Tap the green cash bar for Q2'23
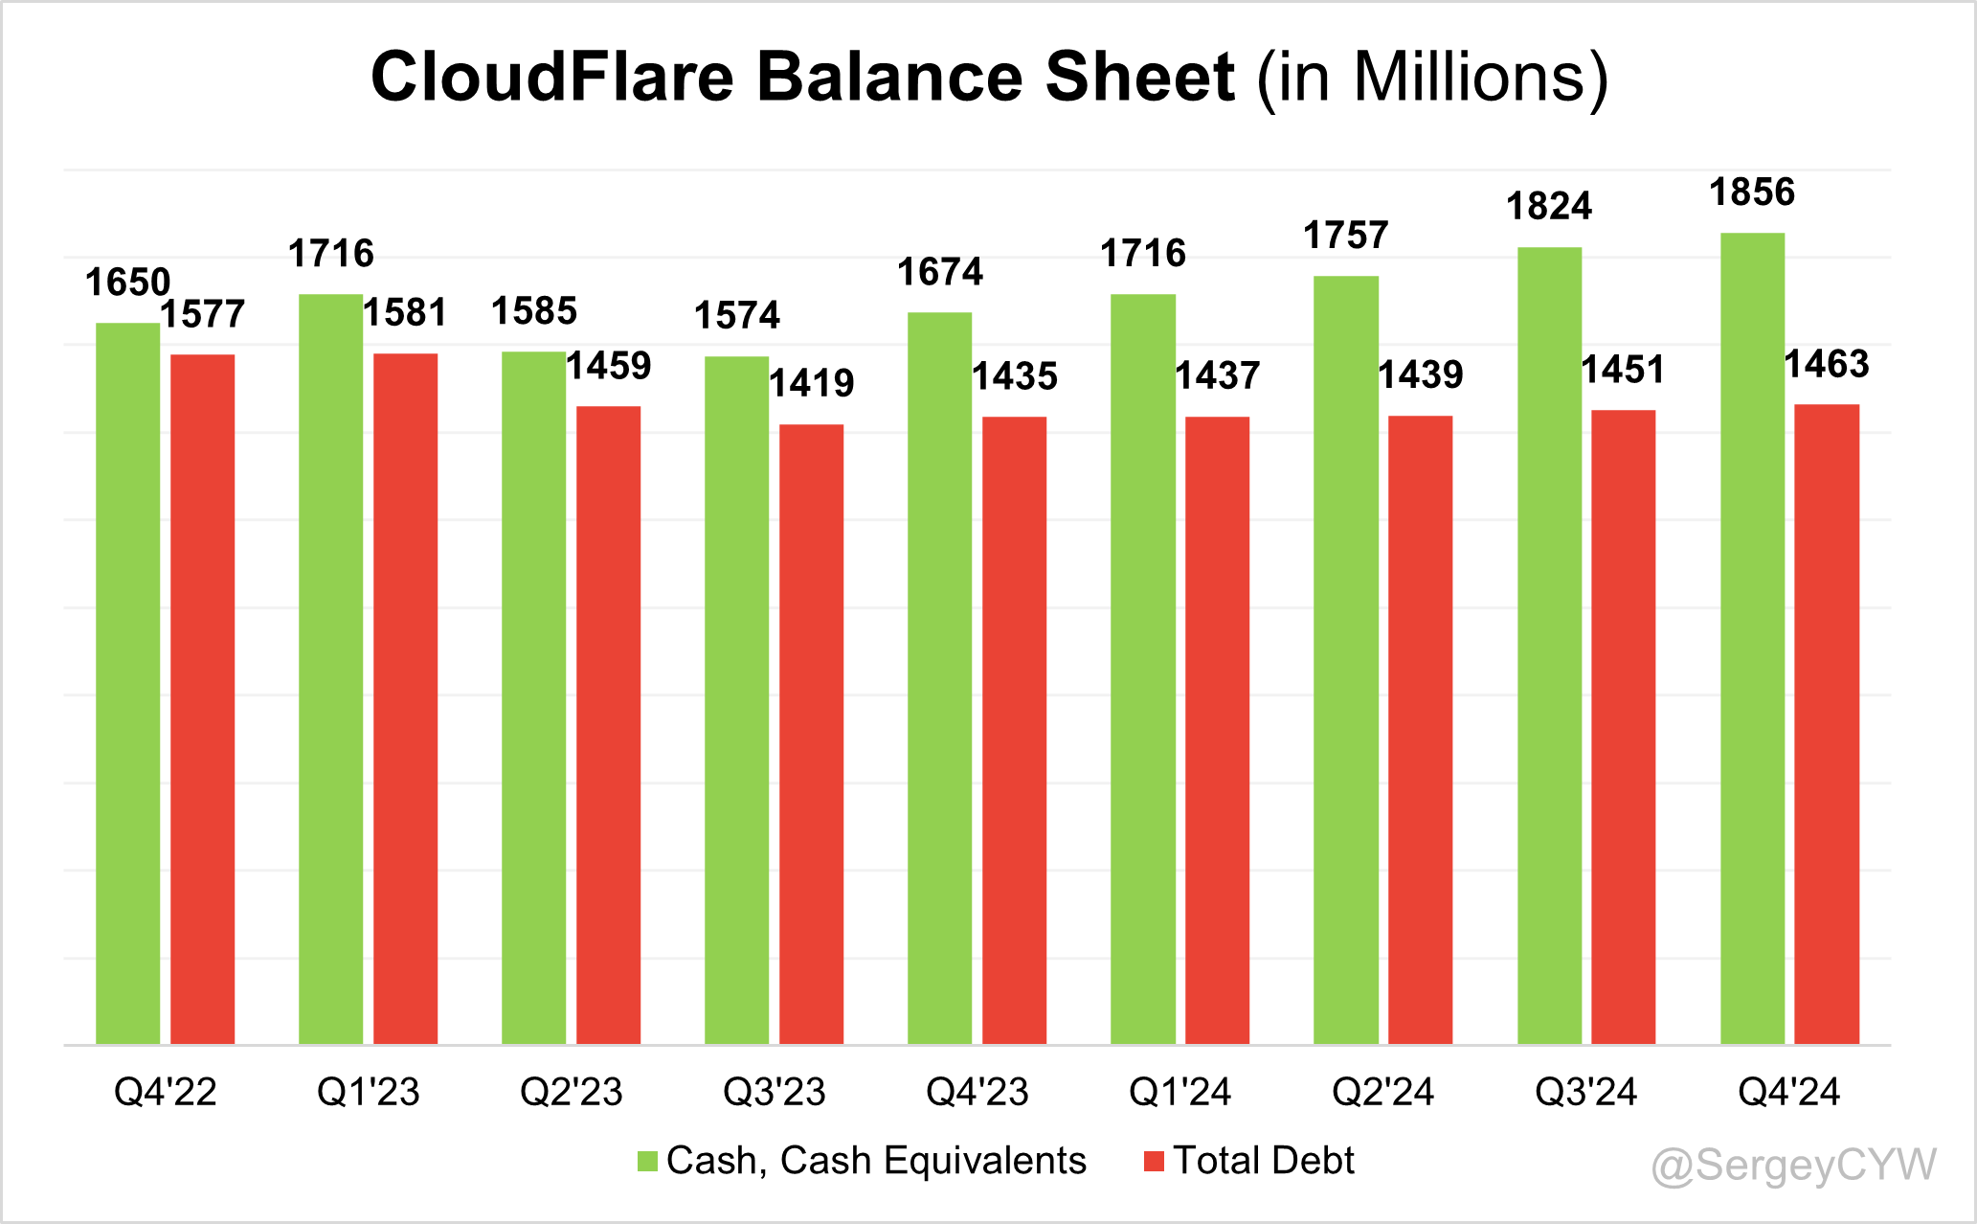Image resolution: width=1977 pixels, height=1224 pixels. point(533,698)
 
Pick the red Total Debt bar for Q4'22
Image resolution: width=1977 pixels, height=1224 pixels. point(202,699)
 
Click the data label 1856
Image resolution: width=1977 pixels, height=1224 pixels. point(1752,193)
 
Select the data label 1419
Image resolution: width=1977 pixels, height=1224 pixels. point(811,383)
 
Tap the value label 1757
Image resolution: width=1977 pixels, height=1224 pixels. point(1345,236)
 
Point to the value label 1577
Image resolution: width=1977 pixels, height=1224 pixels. point(202,314)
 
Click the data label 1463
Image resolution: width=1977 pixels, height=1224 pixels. point(1826,364)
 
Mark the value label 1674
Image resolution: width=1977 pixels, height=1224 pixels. point(939,273)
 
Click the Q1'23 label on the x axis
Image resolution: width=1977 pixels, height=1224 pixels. point(369,1092)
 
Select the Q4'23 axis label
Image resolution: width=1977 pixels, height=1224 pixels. point(977,1092)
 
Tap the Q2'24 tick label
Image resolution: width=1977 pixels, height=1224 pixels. point(1382,1092)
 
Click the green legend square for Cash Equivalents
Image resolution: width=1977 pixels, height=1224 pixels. point(648,1162)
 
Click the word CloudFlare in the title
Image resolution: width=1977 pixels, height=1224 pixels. point(552,77)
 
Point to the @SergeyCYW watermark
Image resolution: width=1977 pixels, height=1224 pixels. point(1794,1166)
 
